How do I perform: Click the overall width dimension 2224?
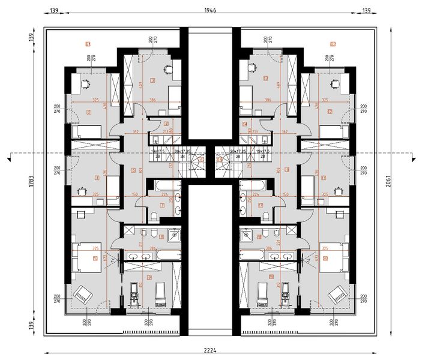tap(210, 351)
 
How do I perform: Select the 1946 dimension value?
tap(210, 10)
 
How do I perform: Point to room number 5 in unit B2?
tap(287, 169)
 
